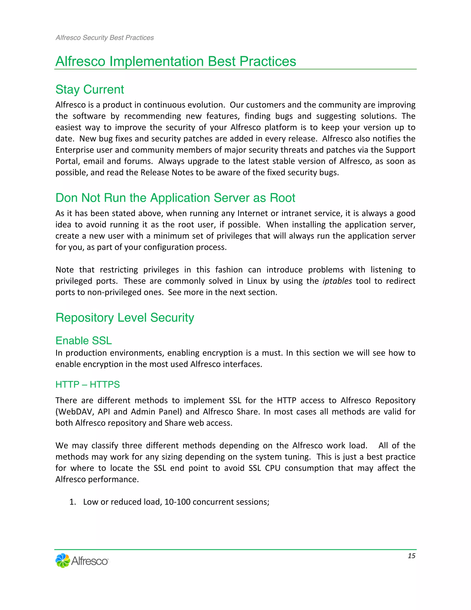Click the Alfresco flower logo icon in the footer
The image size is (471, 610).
pyautogui.click(x=63, y=560)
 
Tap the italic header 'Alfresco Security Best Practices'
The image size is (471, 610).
pyautogui.click(x=105, y=38)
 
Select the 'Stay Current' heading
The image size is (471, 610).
pyautogui.click(x=89, y=90)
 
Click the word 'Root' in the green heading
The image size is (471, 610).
pyautogui.click(x=282, y=198)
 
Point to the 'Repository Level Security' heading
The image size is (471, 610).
pyautogui.click(x=125, y=318)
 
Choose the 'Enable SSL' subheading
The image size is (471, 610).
pyautogui.click(x=83, y=341)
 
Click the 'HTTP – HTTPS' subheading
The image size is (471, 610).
pyautogui.click(x=88, y=385)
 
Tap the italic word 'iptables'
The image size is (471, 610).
pyautogui.click(x=337, y=281)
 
